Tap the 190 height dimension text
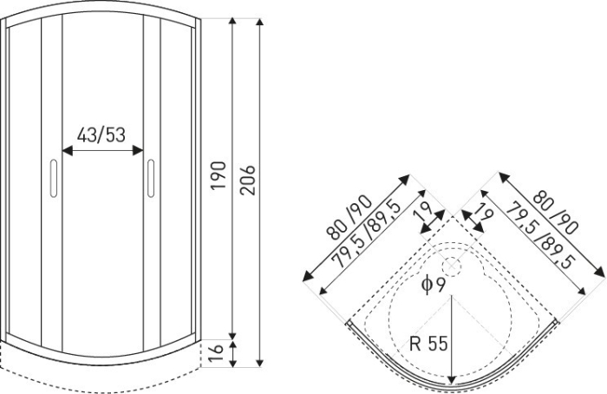tap(219, 175)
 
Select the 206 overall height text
tap(248, 175)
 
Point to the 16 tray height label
tap(219, 354)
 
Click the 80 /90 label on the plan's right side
tap(556, 214)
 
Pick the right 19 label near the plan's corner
tap(480, 213)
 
